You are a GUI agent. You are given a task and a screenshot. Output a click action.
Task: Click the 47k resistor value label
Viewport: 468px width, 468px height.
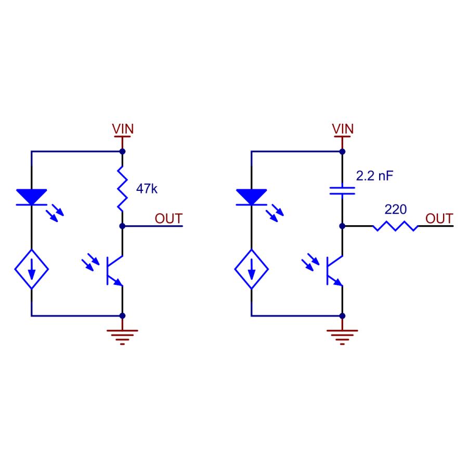(146, 189)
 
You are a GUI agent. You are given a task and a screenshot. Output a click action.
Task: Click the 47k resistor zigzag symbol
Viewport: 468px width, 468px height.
(123, 188)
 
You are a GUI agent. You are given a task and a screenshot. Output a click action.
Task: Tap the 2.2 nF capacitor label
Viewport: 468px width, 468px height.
(374, 176)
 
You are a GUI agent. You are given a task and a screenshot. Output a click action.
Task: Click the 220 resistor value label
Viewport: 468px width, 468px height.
(395, 210)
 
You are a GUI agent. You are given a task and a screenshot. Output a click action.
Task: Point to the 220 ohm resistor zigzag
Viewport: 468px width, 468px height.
(395, 226)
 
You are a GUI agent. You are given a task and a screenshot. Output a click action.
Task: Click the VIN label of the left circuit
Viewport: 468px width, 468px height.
(123, 128)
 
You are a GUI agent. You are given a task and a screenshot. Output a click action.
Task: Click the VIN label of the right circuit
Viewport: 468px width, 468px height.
(342, 128)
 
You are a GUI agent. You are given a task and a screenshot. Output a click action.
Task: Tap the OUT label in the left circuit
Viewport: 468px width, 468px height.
(168, 218)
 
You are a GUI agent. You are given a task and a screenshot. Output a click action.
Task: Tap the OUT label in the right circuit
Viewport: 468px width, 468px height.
(439, 218)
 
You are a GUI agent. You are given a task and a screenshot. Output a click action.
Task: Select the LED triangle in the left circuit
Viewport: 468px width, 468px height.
(32, 197)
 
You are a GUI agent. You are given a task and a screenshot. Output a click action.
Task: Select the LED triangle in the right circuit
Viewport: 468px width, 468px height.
(251, 197)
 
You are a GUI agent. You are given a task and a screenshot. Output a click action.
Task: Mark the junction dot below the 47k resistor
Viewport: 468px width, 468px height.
(123, 226)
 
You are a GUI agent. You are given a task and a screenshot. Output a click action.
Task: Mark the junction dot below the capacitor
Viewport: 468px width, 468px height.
(342, 226)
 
